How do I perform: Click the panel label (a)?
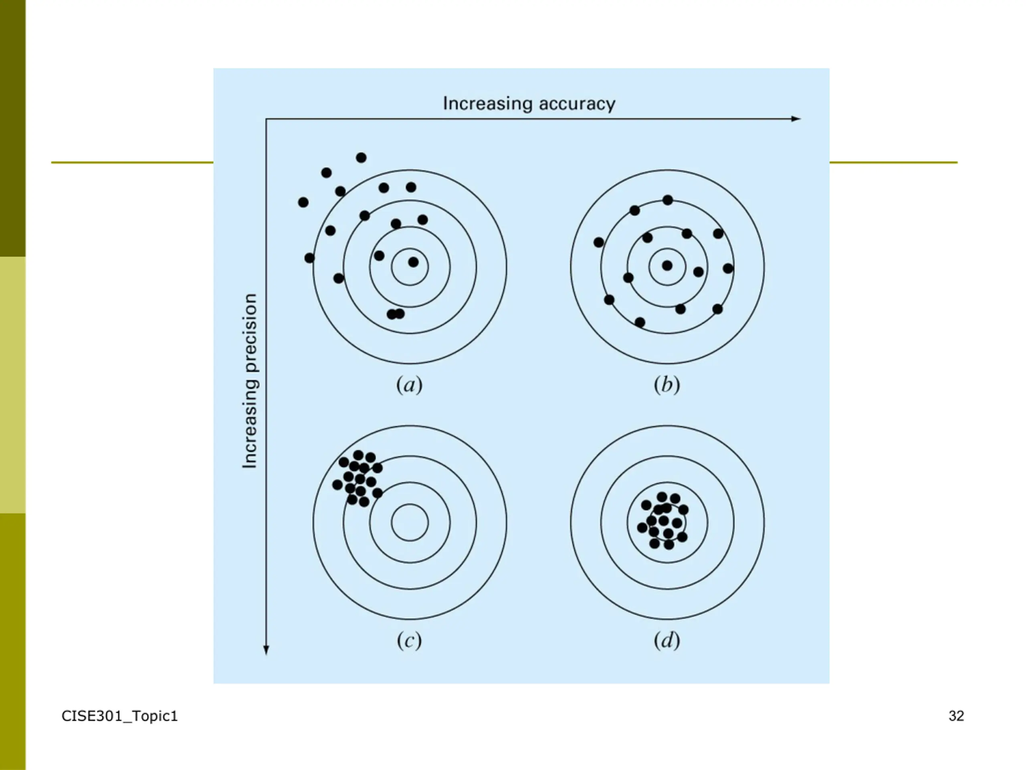click(x=409, y=385)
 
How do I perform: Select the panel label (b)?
click(x=666, y=385)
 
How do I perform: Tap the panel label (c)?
click(x=409, y=640)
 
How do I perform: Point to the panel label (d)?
click(x=666, y=640)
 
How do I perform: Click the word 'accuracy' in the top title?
click(x=577, y=103)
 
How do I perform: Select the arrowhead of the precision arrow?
click(x=266, y=650)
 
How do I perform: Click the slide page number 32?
click(x=956, y=716)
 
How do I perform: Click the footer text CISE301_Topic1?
click(x=120, y=716)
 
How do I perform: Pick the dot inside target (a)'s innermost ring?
click(x=413, y=262)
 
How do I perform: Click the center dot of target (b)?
click(x=667, y=265)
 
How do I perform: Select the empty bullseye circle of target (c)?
click(x=410, y=522)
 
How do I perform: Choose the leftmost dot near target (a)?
click(x=303, y=203)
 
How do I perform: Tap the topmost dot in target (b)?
click(x=667, y=200)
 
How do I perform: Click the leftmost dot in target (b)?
click(x=599, y=242)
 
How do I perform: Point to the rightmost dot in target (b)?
click(x=728, y=268)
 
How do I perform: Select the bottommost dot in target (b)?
click(x=640, y=322)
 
